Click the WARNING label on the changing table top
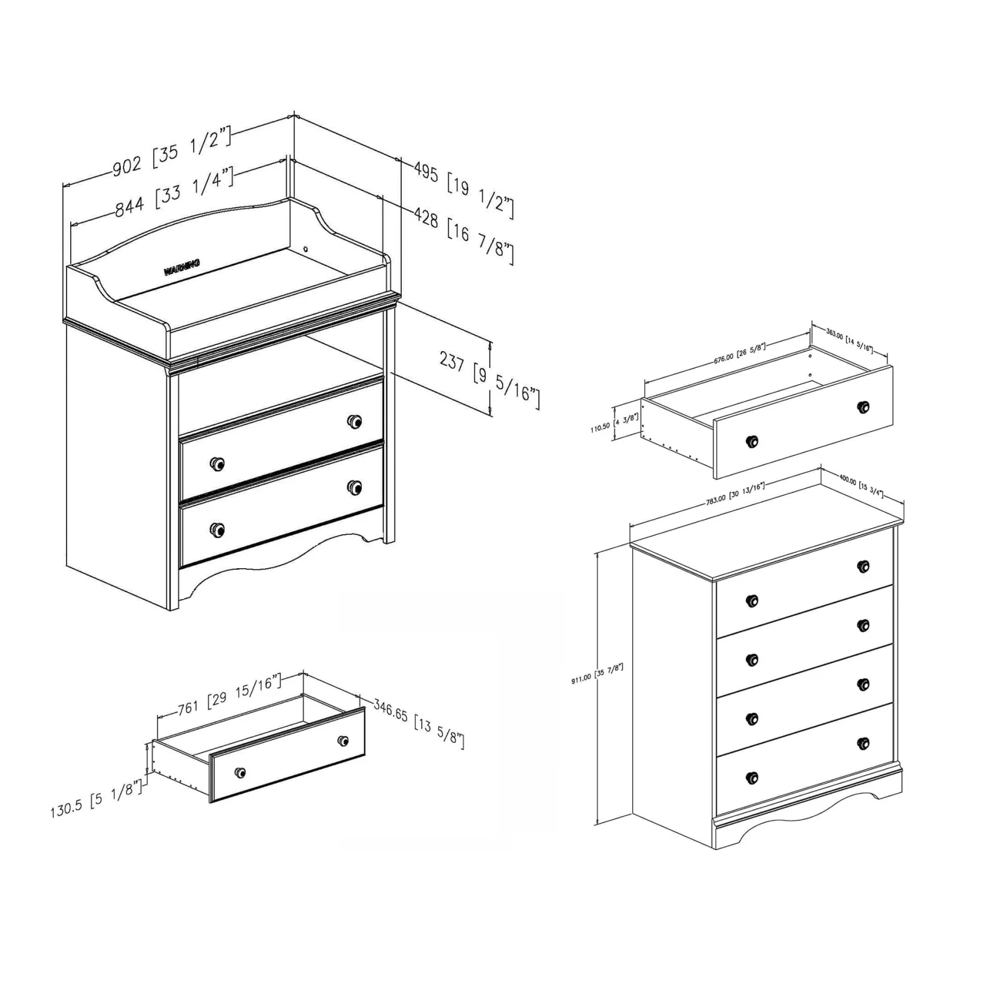tap(181, 267)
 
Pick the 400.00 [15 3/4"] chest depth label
tap(861, 487)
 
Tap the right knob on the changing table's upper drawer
tap(355, 421)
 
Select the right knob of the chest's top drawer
tap(863, 566)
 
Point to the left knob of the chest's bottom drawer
tap(752, 777)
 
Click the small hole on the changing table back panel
tap(306, 249)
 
